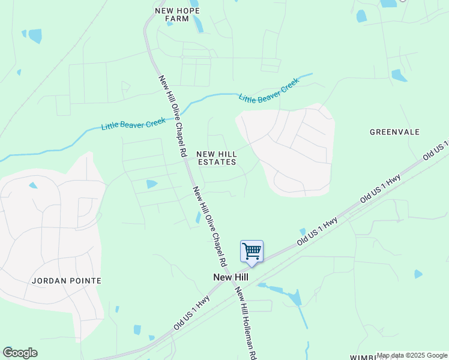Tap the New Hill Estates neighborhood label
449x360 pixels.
click(x=216, y=158)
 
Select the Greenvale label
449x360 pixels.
click(x=394, y=132)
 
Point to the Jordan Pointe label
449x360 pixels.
click(x=67, y=280)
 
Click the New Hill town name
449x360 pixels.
click(x=231, y=277)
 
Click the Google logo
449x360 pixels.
click(x=20, y=353)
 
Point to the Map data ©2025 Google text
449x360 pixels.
click(x=412, y=355)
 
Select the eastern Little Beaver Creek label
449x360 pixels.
click(x=269, y=90)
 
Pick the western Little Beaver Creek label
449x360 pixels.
click(x=133, y=124)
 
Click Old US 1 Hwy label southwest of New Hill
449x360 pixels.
click(x=191, y=313)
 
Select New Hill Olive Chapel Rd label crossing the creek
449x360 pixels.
click(x=172, y=116)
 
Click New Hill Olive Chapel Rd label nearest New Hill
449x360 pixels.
click(x=209, y=226)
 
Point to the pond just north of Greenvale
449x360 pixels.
click(x=399, y=76)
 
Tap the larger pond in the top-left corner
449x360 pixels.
click(x=35, y=36)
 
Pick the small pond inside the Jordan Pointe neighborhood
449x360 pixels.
click(x=33, y=185)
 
